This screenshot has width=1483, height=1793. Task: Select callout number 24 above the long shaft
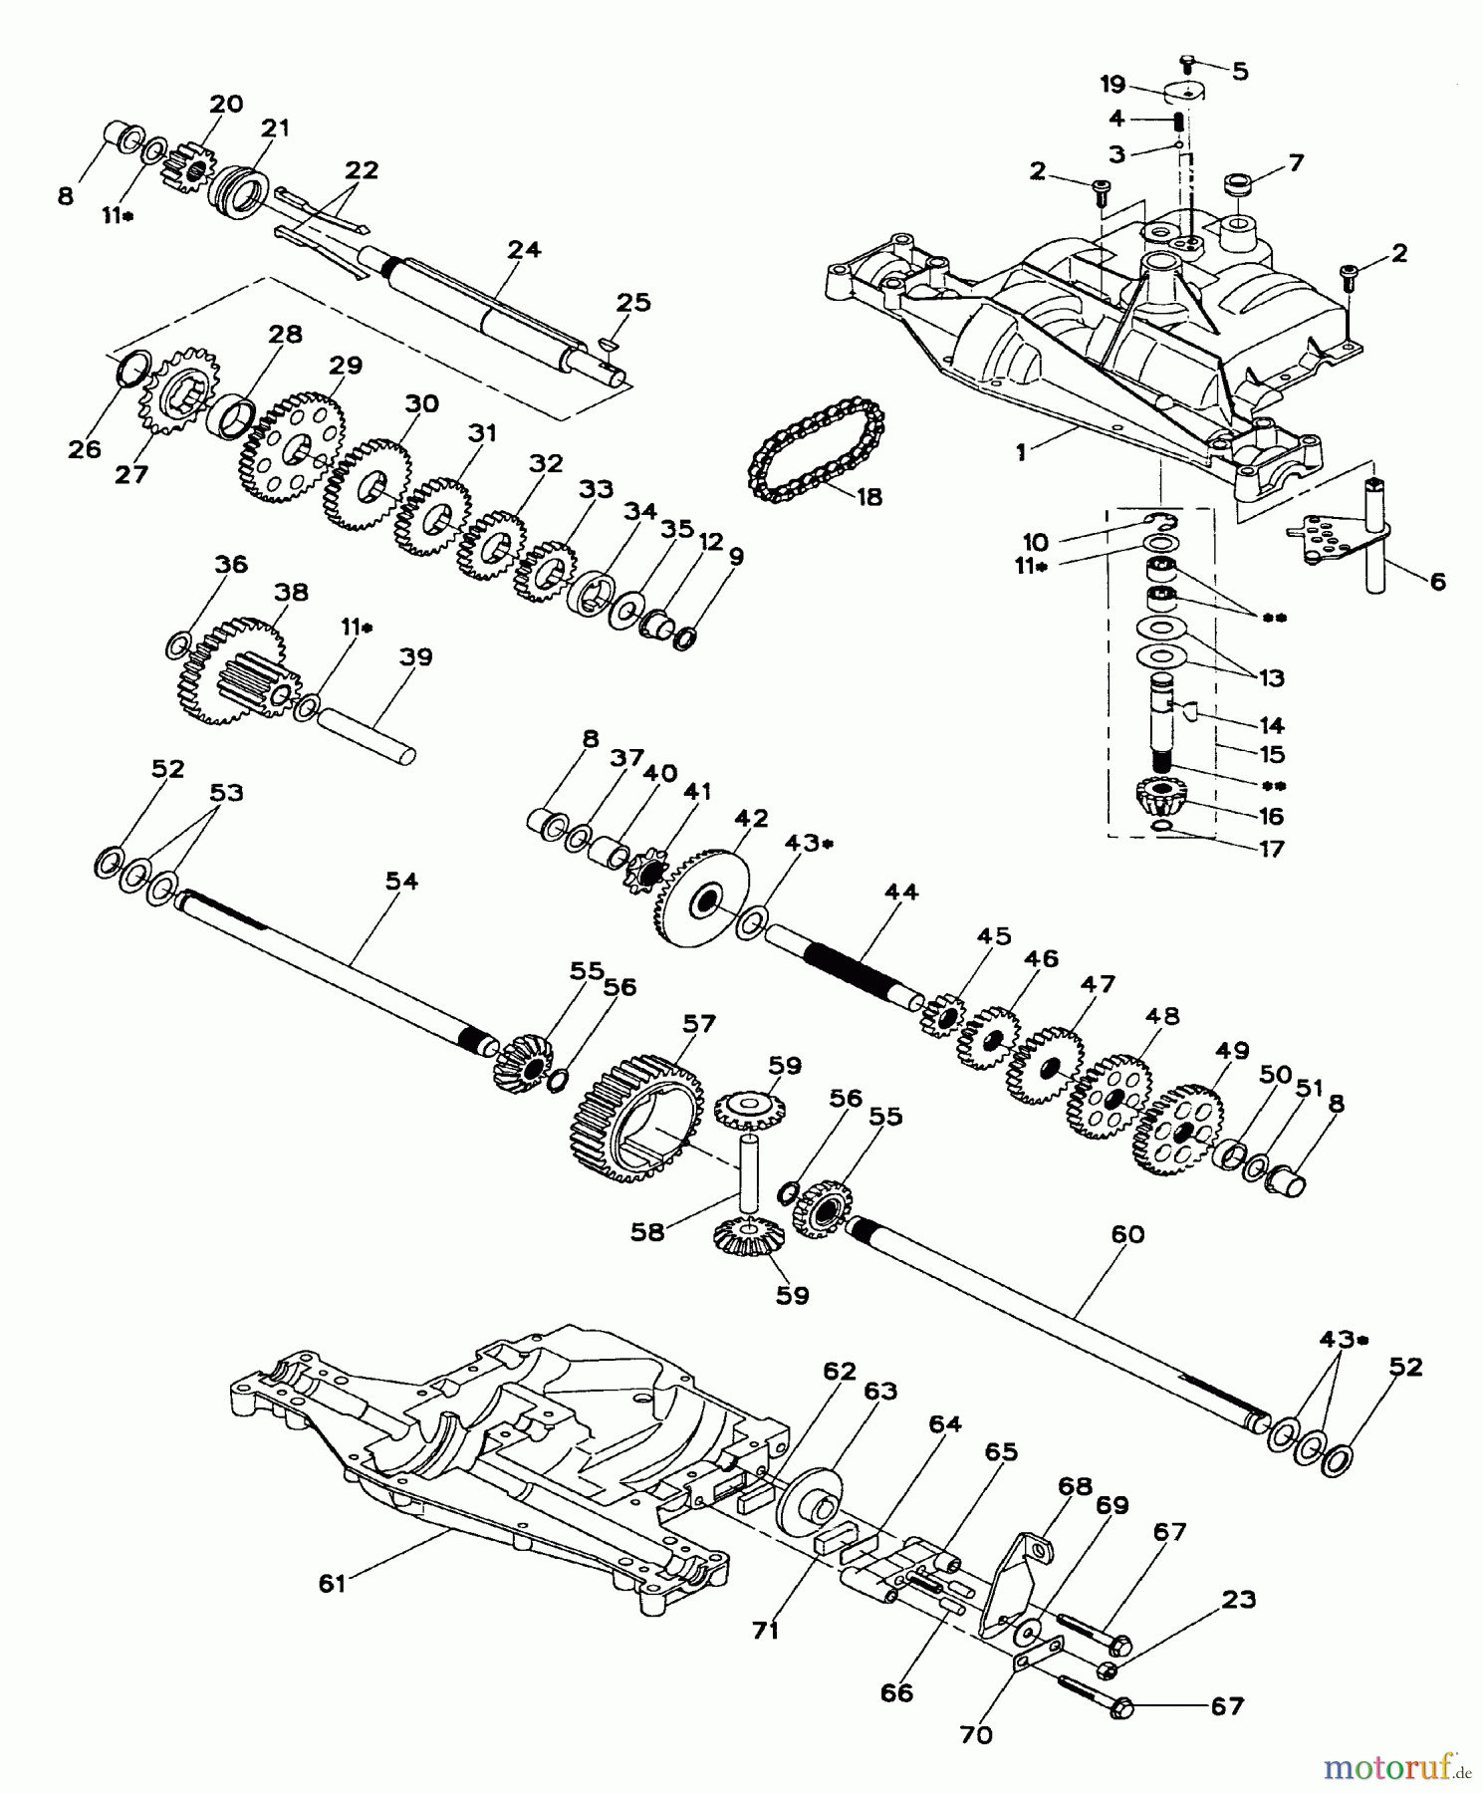[x=524, y=249]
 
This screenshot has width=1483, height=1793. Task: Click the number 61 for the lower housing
[x=331, y=1582]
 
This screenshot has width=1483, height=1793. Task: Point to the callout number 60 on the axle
[x=1126, y=1235]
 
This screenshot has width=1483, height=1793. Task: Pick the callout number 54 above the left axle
[x=401, y=882]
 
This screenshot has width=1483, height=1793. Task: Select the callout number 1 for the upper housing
[x=1021, y=451]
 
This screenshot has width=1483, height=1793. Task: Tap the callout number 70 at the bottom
[x=977, y=1734]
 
